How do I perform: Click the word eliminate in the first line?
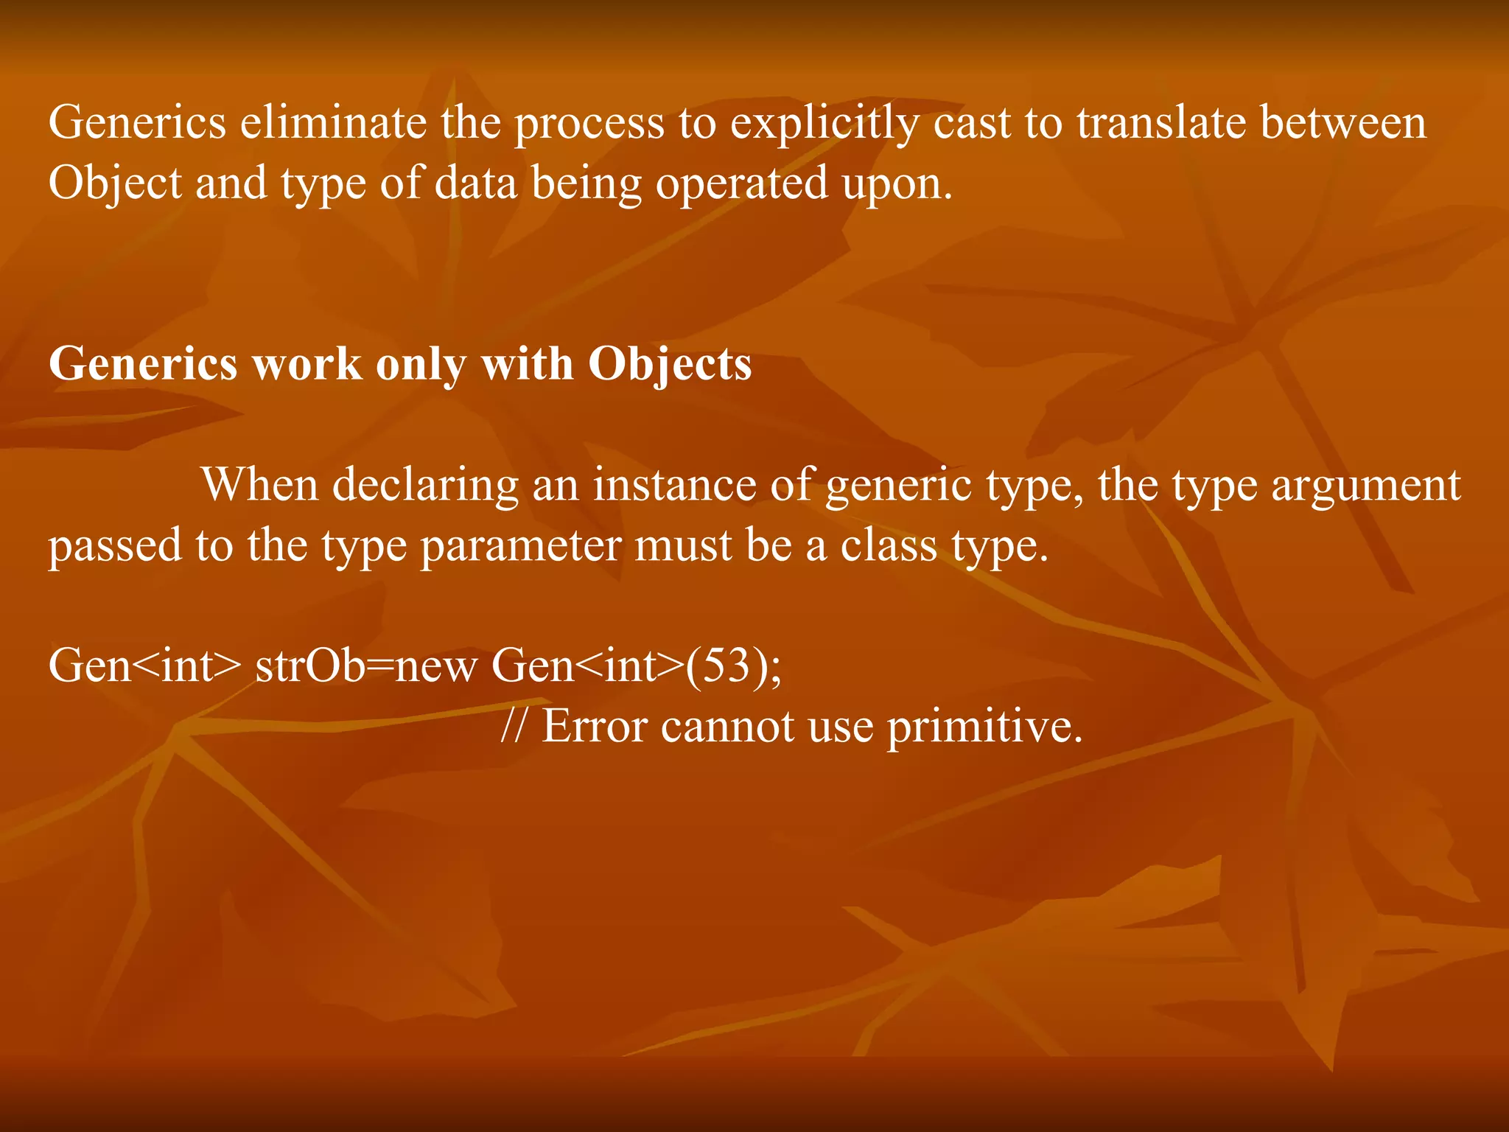333,123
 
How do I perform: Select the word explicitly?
824,123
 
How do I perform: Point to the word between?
1342,123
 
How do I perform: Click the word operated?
742,184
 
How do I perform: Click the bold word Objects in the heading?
670,365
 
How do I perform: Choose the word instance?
674,486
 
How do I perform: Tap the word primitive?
984,727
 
